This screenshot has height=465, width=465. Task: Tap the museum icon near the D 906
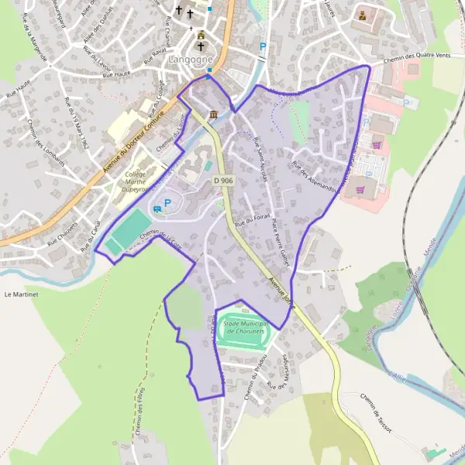coord(212,114)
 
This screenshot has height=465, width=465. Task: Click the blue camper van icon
coord(158,207)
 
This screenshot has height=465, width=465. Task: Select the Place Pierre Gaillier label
coord(280,242)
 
